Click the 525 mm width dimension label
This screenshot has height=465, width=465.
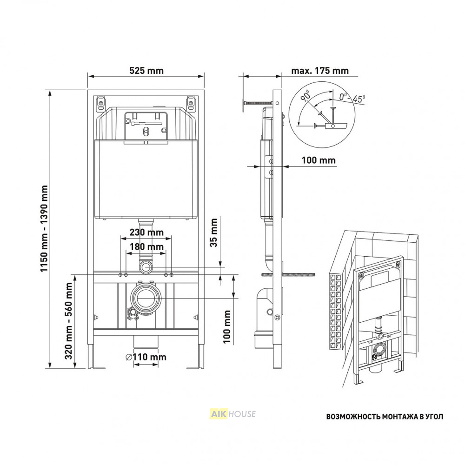point(146,71)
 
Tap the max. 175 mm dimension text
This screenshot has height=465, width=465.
point(320,71)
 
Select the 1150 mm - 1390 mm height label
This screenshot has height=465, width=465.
point(44,228)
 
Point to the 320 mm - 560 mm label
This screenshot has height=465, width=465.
point(69,321)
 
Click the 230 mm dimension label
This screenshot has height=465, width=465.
point(146,232)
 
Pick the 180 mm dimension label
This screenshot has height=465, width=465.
point(146,247)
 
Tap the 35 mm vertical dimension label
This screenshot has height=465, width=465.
point(213,233)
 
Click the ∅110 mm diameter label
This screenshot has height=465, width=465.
point(146,357)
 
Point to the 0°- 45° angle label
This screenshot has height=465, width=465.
point(352,98)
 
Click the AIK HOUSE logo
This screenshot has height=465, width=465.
point(233,414)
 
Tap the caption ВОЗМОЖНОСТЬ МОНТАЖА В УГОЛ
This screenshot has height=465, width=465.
point(385,417)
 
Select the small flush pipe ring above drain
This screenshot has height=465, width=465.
point(146,267)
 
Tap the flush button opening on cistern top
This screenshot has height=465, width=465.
point(146,126)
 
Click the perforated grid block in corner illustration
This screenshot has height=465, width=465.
point(336,312)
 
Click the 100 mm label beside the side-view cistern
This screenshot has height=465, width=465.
point(319,160)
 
